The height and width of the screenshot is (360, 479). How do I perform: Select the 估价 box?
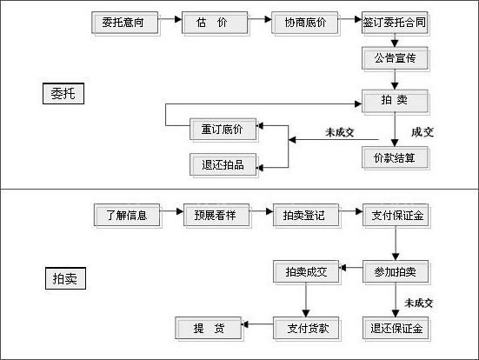point(210,23)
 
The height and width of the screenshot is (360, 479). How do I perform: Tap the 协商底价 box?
point(304,23)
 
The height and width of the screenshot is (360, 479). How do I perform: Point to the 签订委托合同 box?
point(396,23)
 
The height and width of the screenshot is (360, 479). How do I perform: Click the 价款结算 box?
point(396,157)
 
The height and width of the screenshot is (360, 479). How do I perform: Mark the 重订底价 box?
point(223,130)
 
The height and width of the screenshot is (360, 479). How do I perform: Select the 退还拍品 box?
point(223,163)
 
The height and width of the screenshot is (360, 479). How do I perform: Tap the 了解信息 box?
point(127,214)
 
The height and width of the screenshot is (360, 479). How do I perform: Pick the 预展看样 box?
point(216,214)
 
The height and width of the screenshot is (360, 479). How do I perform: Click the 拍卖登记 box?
point(305,214)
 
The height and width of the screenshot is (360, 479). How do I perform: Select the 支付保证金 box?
point(396,214)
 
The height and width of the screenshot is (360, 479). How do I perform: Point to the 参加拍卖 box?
point(396,271)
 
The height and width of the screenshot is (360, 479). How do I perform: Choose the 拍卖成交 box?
point(305,271)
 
